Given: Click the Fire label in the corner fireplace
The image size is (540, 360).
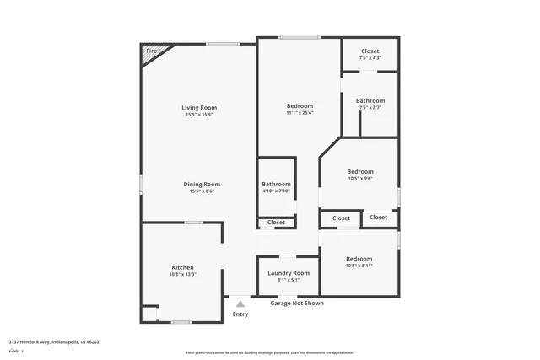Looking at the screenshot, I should coord(152,51).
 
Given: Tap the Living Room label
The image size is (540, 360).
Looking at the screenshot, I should coord(199,107).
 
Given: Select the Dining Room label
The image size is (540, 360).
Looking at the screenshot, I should coord(202,184).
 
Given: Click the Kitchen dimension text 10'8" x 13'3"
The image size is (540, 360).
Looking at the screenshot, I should coord(183,274).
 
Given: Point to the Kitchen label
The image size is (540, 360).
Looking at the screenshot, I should coord(183,266).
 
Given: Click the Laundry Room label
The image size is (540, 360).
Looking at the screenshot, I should coord(289,273).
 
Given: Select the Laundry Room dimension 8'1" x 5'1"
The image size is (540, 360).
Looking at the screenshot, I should coord(289,281).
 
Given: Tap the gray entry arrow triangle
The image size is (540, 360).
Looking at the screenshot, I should coord(240,304).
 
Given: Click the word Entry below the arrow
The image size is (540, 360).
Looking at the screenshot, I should coord(240,314).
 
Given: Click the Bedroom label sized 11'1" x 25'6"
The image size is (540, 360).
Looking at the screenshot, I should coord(300,105).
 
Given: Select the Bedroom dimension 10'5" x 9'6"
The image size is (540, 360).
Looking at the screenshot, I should coord(360,179).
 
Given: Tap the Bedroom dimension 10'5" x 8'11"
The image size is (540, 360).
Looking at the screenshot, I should coord(359,266).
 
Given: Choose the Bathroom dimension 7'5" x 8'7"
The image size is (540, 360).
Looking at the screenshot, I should coord(370,108).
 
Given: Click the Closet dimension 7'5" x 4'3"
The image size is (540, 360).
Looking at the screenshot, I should coord(370,58).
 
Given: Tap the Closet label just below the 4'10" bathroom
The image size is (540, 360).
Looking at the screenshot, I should coord(276,223).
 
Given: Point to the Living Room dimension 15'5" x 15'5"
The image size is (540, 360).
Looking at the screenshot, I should coord(199,115).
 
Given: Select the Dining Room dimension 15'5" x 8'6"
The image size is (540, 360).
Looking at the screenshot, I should coord(202,191).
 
